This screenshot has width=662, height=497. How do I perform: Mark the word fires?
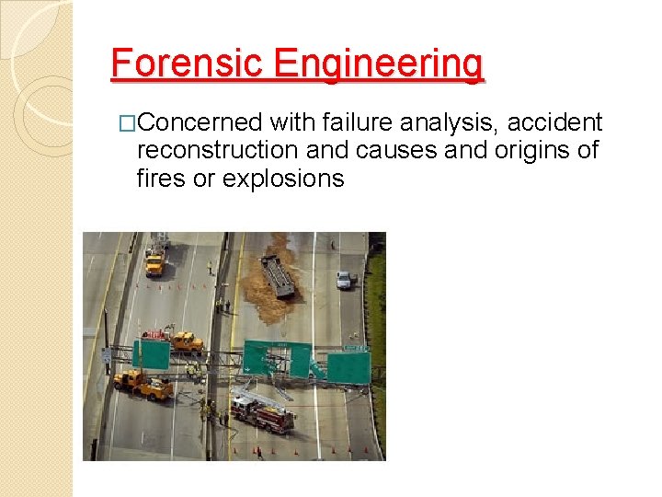(x=160, y=179)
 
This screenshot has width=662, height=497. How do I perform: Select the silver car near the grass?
(x=345, y=279)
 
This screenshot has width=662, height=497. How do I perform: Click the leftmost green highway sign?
(x=152, y=354)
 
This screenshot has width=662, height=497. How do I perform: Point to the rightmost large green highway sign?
(x=349, y=368)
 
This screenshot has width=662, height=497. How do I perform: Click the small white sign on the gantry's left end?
(x=108, y=354)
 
